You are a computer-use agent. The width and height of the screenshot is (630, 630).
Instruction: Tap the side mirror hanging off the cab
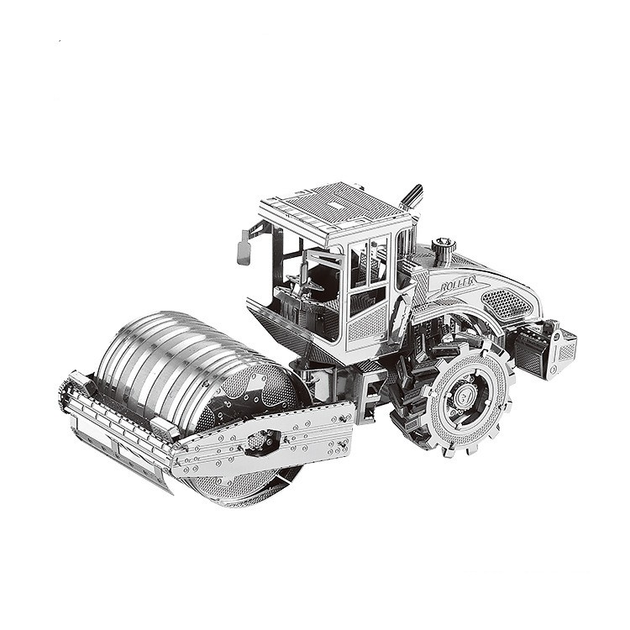click(x=244, y=247)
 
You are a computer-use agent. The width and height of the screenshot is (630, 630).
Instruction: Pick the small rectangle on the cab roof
click(x=335, y=203)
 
